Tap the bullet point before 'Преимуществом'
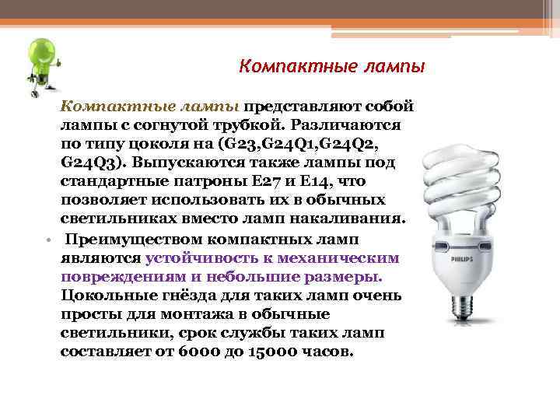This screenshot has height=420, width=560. (48, 239)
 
